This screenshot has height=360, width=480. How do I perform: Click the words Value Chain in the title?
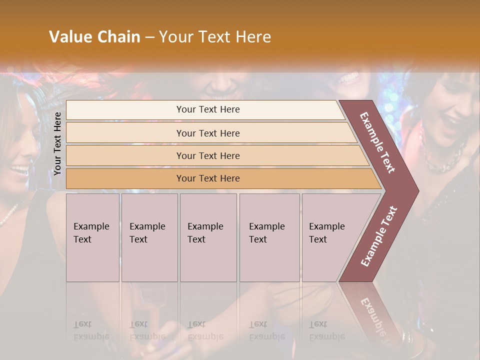[x=94, y=37]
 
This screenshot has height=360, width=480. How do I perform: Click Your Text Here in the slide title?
[x=215, y=37]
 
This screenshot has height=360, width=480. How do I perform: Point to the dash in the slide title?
[x=149, y=37]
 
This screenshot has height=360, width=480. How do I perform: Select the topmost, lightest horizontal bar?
[x=208, y=109]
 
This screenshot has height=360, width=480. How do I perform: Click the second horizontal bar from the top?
[x=208, y=133]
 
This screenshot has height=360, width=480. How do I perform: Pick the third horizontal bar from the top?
[x=208, y=155]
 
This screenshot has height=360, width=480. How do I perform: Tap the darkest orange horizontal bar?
[x=208, y=178]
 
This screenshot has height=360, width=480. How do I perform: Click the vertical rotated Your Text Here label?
[x=57, y=143]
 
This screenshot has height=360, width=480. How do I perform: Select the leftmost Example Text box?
[x=92, y=237]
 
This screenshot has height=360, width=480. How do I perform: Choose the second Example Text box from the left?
[x=149, y=237]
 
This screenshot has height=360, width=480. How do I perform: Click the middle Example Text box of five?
[x=207, y=237]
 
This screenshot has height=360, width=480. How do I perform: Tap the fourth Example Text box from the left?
[x=269, y=237]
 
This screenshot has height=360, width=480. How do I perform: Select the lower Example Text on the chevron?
[x=379, y=236]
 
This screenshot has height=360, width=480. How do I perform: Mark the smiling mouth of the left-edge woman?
[x=20, y=170]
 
